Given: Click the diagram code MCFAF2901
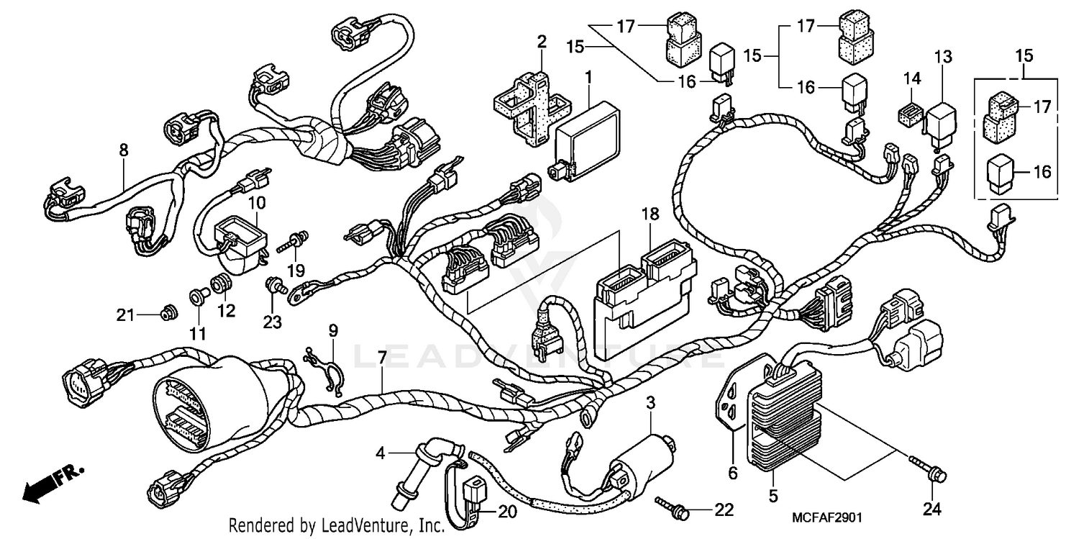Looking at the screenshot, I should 827,517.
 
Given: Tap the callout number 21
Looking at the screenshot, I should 127,314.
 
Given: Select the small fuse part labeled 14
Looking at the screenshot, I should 909,115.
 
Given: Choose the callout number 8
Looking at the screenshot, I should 124,150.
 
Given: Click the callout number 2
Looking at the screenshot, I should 541,42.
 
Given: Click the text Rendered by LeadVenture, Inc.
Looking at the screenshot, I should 337,525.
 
